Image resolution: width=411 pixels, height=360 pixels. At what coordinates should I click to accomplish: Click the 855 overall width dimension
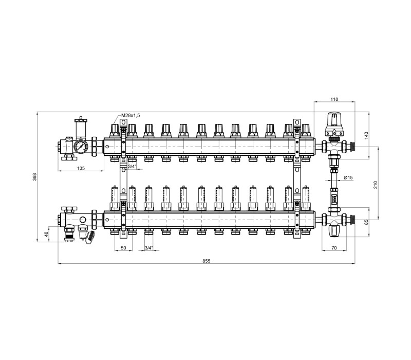[207, 261]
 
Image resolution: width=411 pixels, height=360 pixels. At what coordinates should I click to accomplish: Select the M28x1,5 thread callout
[130, 115]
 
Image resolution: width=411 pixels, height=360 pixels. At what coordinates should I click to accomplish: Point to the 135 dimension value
[81, 168]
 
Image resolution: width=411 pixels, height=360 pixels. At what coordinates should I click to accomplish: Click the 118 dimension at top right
[334, 99]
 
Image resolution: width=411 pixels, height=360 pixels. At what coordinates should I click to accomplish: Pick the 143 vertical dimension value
[366, 135]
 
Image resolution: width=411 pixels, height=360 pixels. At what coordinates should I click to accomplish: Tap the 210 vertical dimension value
[375, 185]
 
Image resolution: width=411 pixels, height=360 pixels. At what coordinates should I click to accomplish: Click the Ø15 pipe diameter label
[348, 177]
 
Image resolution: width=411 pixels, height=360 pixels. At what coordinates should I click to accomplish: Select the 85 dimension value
[366, 222]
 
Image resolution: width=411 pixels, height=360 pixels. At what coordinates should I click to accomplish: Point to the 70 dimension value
[334, 248]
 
